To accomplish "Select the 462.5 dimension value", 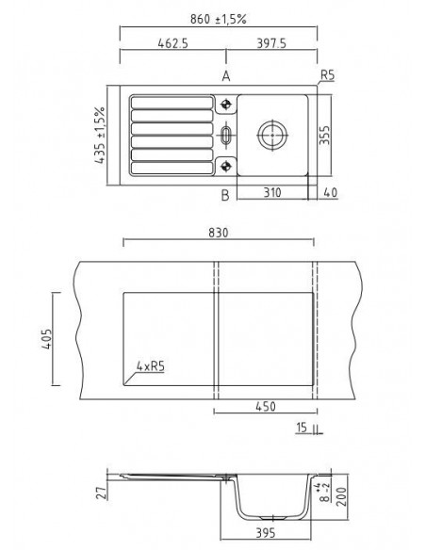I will pos(170,43).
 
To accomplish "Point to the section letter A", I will pos(225,75).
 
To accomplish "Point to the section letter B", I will pos(225,195).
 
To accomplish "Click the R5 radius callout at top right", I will pos(327,75).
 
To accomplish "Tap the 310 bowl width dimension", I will pos(272,192).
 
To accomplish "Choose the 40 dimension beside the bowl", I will pos(328,192).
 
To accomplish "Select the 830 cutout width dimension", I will pos(218,232).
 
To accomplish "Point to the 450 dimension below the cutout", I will pos(267,408).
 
